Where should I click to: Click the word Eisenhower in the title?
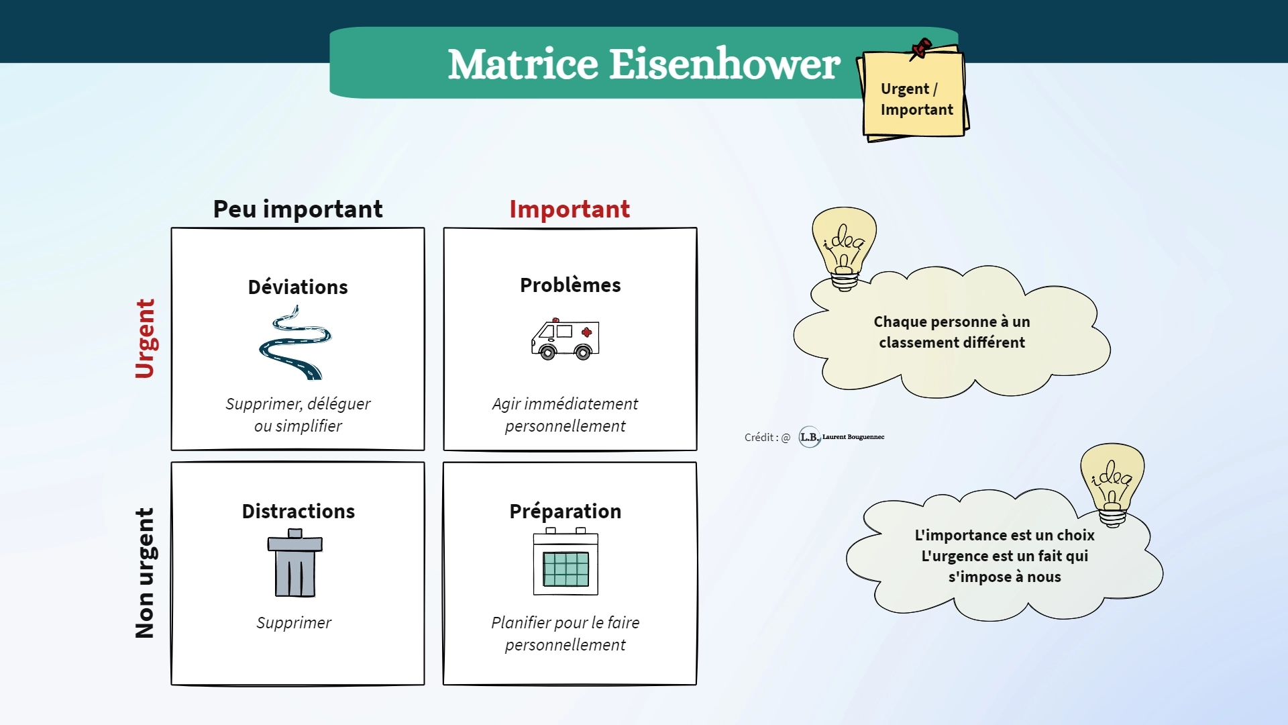tap(724, 64)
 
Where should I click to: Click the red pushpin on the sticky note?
tap(920, 49)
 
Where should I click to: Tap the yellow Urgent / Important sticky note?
tap(914, 94)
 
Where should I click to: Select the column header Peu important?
tap(298, 209)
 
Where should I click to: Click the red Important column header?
tap(570, 209)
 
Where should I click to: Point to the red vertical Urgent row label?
tap(145, 338)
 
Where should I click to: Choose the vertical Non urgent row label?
tap(145, 573)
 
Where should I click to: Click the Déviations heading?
tap(298, 287)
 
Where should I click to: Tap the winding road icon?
tap(295, 342)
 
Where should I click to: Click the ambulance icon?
tap(566, 339)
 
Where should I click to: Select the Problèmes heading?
tap(570, 285)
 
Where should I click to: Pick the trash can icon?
tap(295, 563)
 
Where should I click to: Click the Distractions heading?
tap(299, 512)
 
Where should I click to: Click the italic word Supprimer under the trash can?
tap(294, 623)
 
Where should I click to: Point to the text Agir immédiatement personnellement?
tap(565, 415)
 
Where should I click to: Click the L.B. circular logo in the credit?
tap(810, 437)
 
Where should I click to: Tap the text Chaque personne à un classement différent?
tap(952, 332)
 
